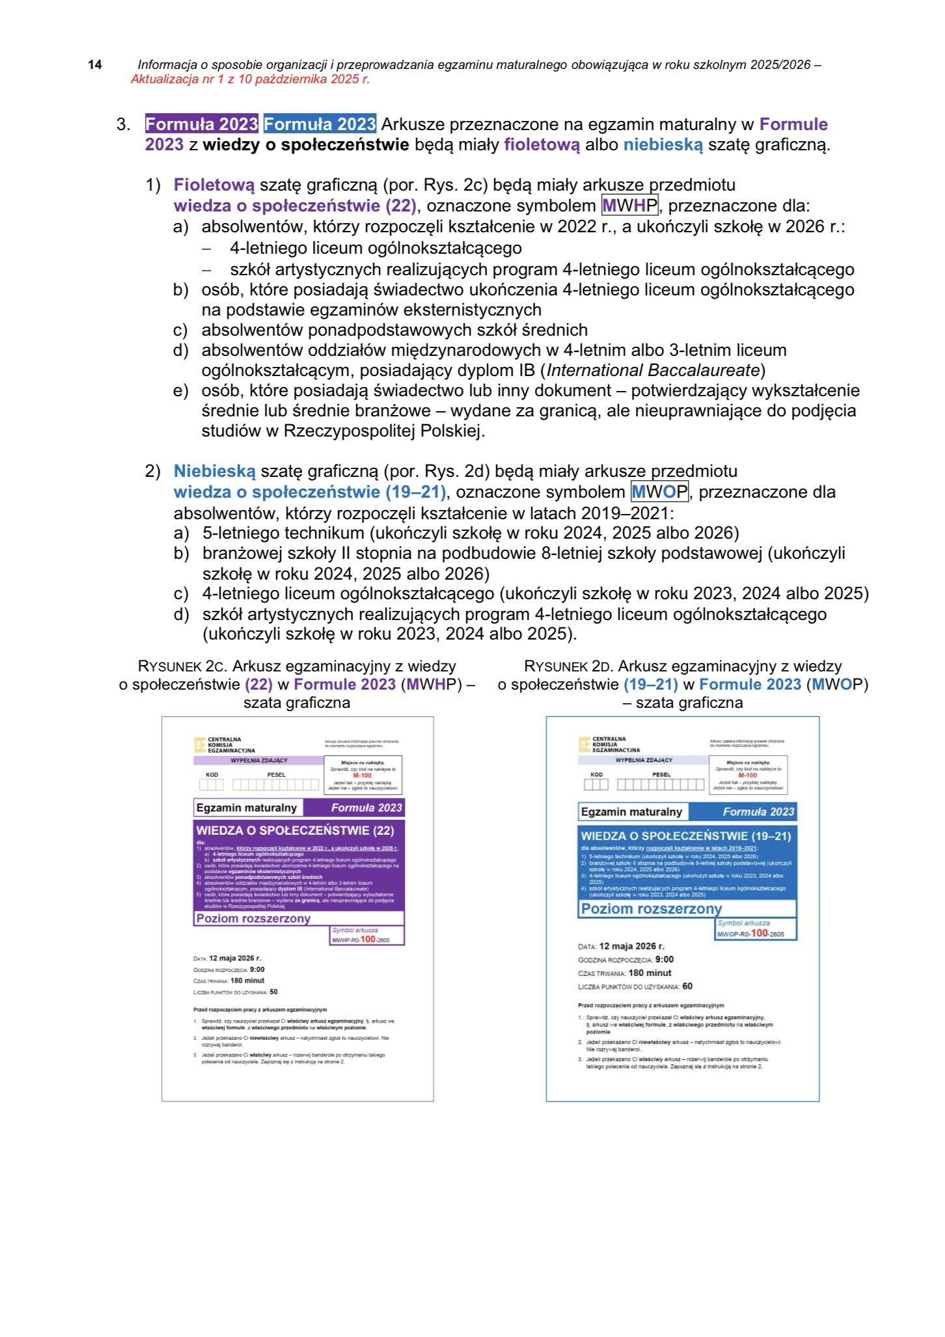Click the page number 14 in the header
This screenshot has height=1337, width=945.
click(x=95, y=64)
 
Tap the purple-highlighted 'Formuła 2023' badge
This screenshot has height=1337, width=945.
click(x=202, y=124)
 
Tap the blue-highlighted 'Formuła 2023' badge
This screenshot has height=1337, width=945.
click(x=320, y=124)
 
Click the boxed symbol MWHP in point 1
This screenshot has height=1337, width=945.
click(x=629, y=206)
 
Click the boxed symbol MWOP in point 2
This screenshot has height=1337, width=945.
click(x=659, y=492)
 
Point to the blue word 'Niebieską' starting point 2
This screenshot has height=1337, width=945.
click(x=214, y=471)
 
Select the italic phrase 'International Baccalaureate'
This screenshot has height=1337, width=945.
click(x=653, y=370)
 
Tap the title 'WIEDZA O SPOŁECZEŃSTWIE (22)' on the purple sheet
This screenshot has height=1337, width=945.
click(x=295, y=830)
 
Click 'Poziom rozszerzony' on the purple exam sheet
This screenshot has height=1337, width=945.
click(x=253, y=918)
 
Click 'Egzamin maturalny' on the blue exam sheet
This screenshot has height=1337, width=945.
click(x=631, y=812)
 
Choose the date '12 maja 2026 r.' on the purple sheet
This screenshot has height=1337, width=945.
click(x=234, y=958)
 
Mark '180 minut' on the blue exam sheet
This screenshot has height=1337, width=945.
click(x=650, y=973)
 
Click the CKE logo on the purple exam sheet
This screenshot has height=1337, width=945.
click(x=200, y=745)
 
